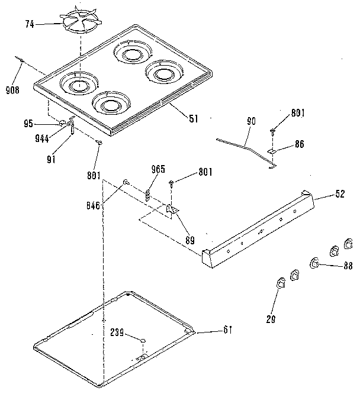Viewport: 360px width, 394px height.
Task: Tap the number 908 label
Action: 12,90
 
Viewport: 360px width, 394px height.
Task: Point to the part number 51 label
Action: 192,117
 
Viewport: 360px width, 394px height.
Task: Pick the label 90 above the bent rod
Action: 251,122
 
